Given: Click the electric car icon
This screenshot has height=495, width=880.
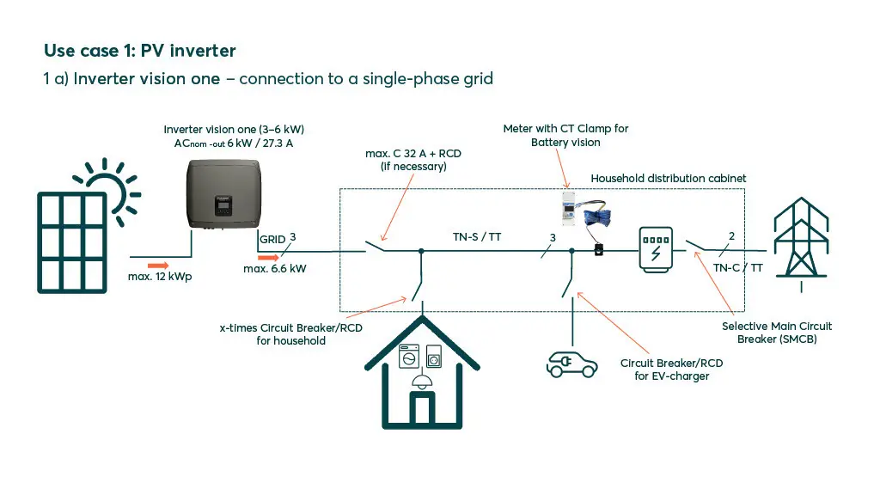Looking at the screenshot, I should point(571,364).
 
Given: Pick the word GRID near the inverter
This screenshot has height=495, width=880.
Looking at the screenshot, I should point(272,240).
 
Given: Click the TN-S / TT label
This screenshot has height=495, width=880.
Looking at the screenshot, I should point(477,236).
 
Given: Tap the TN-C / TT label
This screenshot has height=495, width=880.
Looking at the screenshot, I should point(737,267).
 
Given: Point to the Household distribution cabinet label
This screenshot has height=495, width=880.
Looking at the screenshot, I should point(669,178).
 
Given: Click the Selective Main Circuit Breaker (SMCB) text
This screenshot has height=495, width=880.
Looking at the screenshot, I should point(777,333).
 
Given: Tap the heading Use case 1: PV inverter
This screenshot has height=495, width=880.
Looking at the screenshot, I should point(139,50).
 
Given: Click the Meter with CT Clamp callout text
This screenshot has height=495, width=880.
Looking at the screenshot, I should point(565,135).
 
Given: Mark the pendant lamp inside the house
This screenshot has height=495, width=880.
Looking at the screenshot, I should point(421,382).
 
